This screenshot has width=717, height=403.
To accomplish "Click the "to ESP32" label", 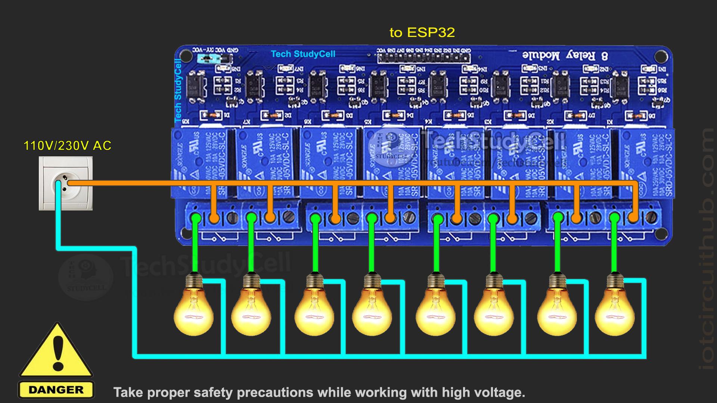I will coord(422,33).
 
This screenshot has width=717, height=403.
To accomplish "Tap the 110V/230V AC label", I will coord(68,146).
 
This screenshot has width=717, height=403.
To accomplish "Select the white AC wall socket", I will coord(66,183).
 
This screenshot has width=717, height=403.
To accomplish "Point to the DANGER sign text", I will coord(56,390).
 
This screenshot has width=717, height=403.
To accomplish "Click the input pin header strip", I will coord(424,58).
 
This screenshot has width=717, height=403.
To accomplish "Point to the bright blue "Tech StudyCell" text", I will coord(303,54).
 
